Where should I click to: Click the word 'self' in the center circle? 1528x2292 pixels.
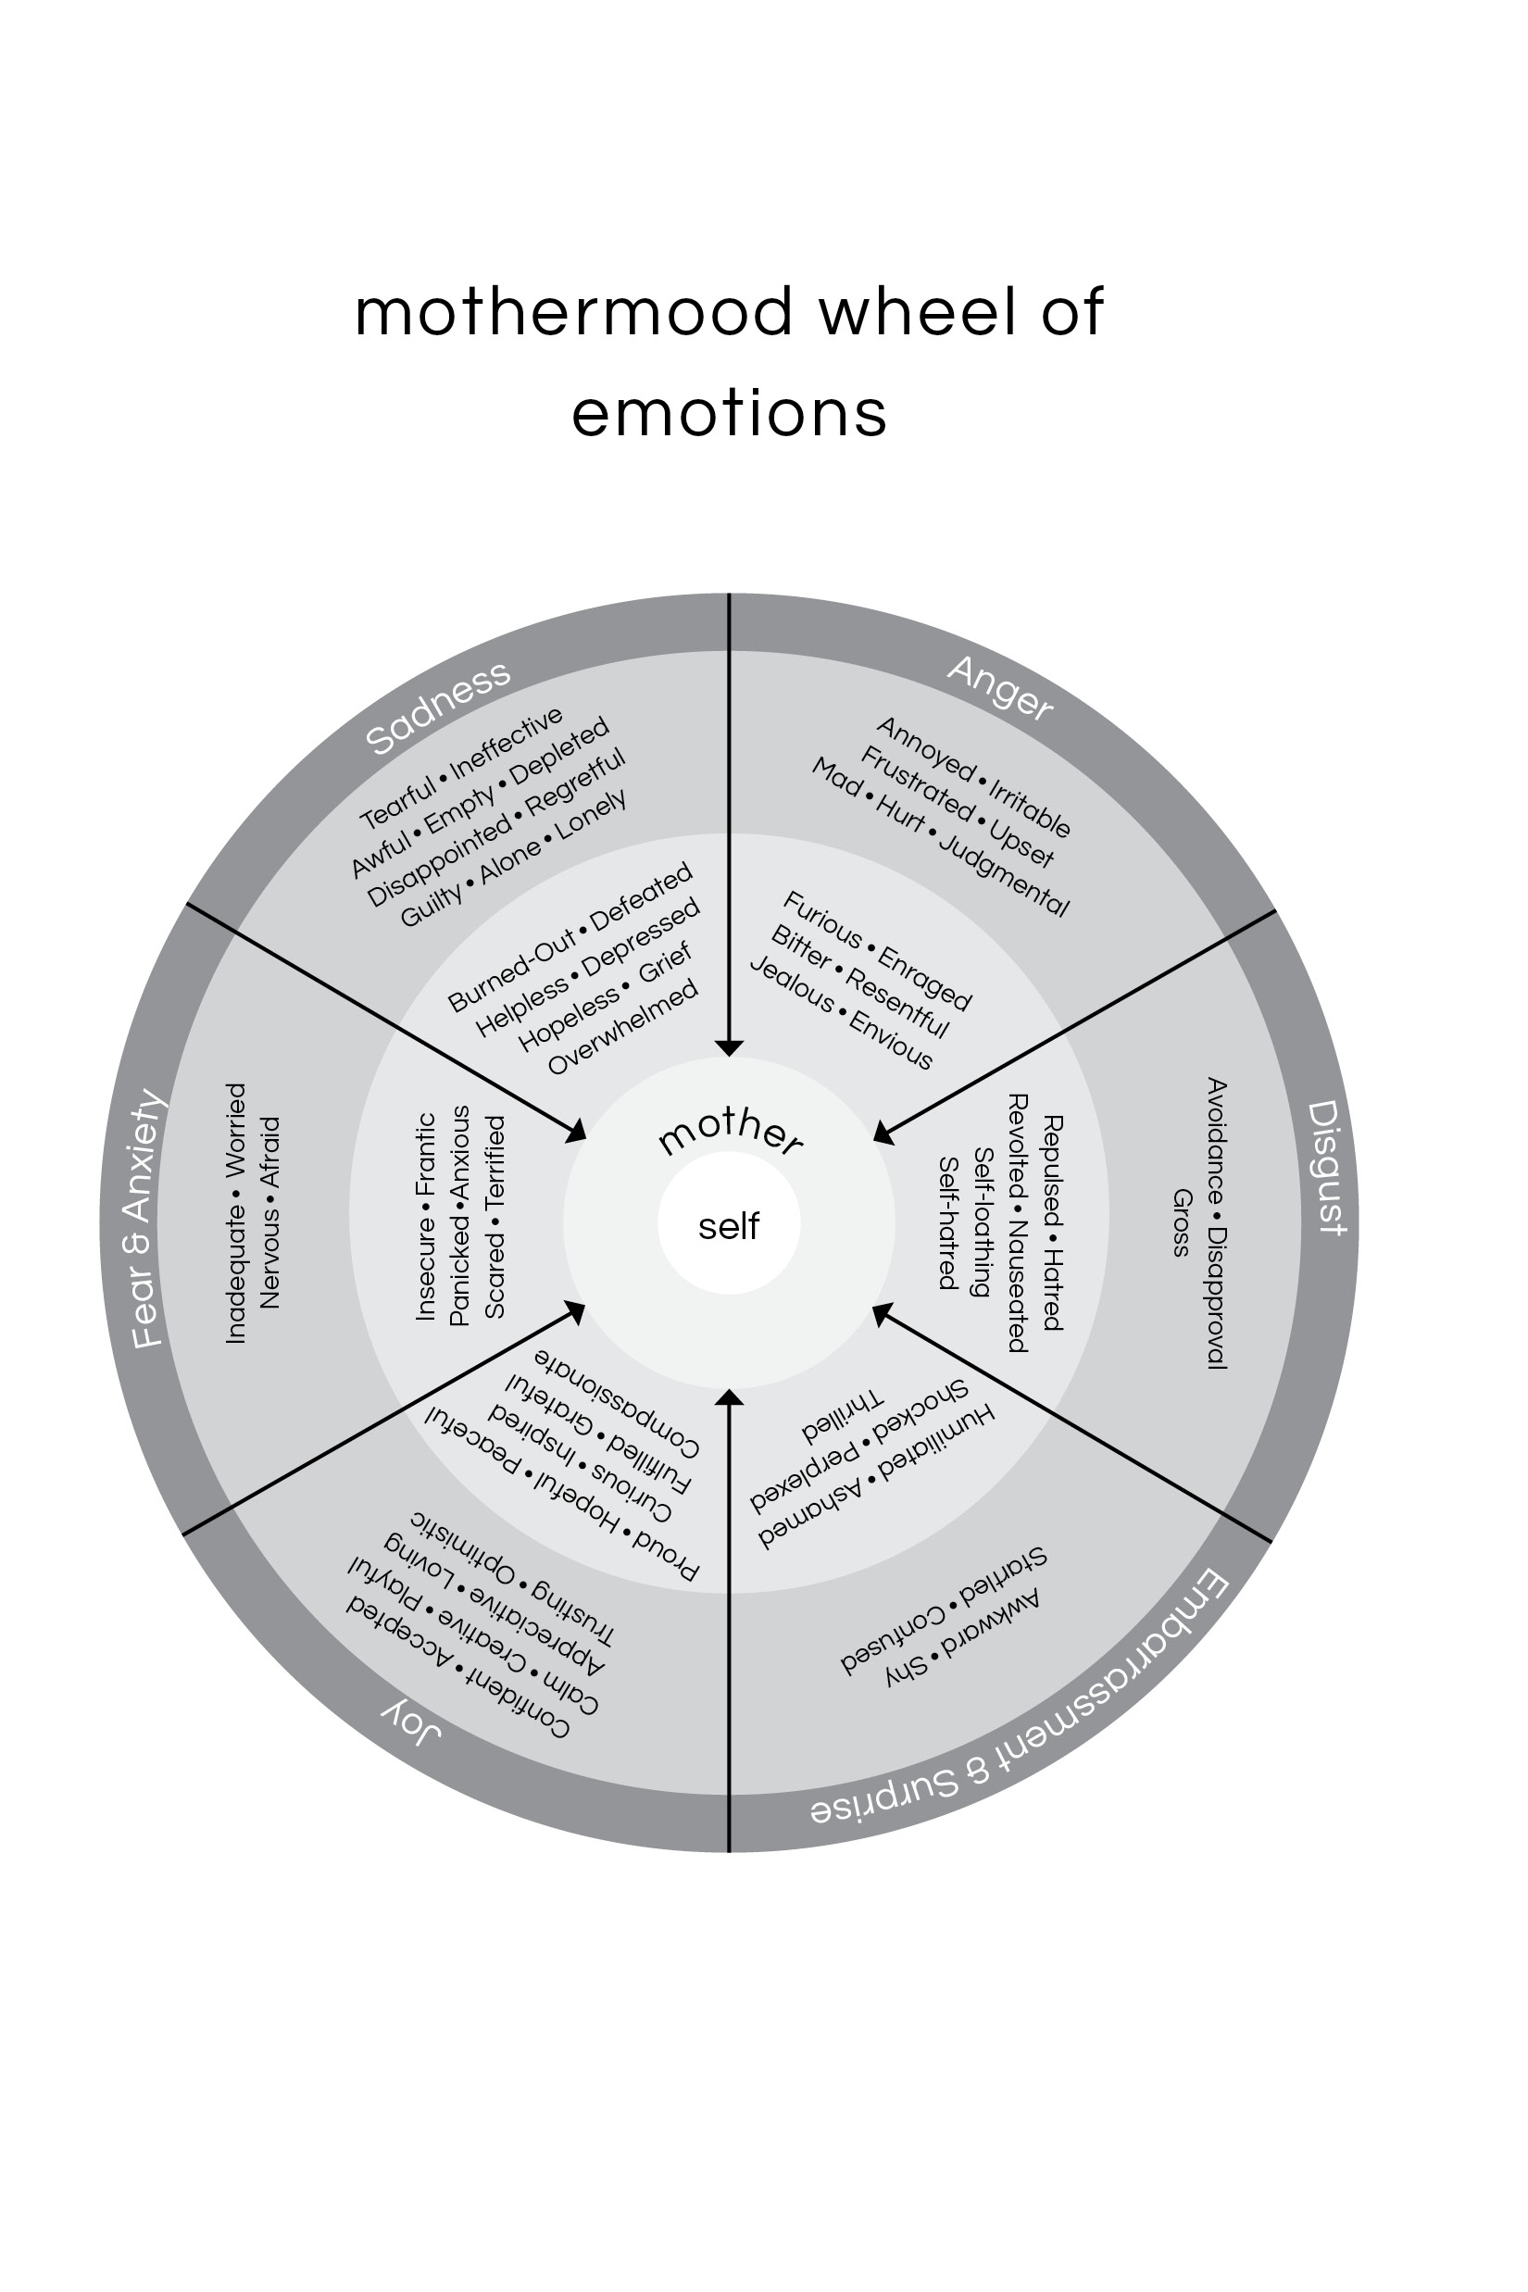coord(729,1226)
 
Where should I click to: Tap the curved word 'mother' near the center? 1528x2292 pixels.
coord(730,1132)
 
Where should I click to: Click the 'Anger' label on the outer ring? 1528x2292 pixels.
coord(1000,688)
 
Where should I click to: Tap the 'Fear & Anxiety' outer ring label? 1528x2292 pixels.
coord(146,1219)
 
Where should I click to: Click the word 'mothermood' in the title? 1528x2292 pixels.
coord(574,313)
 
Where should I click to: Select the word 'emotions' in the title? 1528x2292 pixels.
coord(729,413)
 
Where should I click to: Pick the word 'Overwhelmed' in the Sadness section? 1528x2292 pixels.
coord(623,1027)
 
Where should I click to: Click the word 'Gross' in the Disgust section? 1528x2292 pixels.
coord(1181,1222)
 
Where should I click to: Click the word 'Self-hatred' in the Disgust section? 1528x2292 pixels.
coord(946,1222)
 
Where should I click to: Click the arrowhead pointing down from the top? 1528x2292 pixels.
coord(729,1047)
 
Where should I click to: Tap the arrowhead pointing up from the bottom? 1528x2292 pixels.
coord(729,1398)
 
